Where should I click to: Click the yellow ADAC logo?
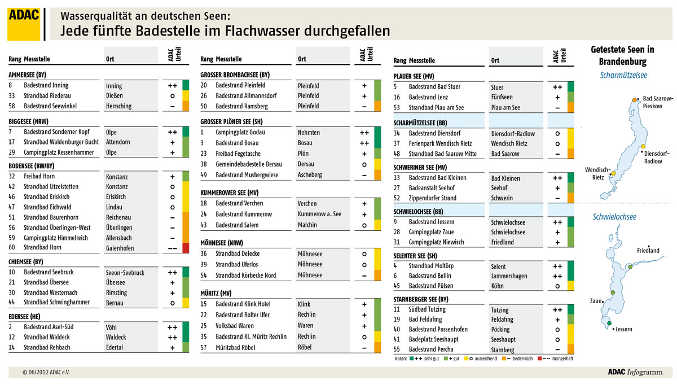[x=23, y=24]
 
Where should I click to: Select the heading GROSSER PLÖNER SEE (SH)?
[x=232, y=121]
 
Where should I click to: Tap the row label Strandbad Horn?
[x=43, y=247]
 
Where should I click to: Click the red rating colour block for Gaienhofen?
[x=186, y=247]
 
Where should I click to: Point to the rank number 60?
[x=12, y=247]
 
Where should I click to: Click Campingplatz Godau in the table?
[x=240, y=132]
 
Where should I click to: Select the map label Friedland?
[x=648, y=251]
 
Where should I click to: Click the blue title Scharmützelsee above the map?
[x=622, y=75]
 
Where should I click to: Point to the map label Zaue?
[x=596, y=301]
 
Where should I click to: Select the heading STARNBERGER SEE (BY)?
[x=421, y=299]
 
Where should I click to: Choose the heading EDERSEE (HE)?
[x=28, y=316]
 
